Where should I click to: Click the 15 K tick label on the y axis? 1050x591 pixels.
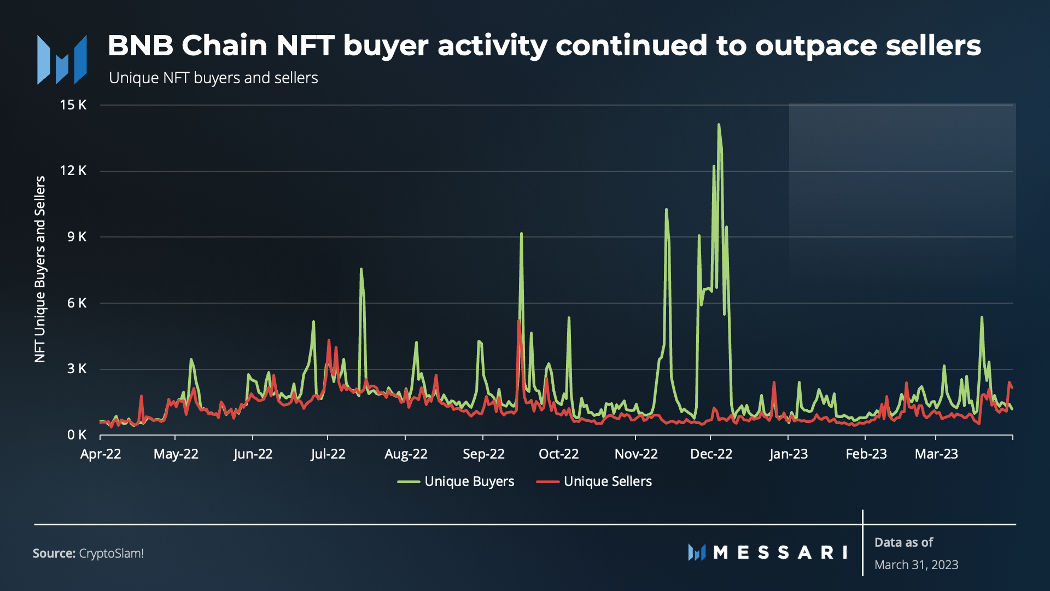click(73, 105)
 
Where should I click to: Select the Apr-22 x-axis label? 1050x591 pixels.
click(101, 454)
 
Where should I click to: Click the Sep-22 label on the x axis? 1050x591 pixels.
click(483, 454)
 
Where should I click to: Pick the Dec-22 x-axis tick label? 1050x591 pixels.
click(711, 454)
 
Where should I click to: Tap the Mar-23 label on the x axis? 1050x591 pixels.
click(936, 454)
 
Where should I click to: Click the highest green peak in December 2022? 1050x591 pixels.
click(719, 125)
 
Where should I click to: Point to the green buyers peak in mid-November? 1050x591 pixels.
click(666, 210)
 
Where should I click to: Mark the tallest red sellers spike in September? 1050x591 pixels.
click(518, 320)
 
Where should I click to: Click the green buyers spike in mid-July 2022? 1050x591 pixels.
click(361, 269)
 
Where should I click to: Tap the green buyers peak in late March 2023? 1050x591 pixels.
click(982, 317)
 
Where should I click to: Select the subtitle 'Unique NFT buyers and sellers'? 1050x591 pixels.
click(213, 78)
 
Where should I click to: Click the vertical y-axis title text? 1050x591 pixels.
click(40, 269)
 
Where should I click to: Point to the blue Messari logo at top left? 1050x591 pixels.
click(62, 60)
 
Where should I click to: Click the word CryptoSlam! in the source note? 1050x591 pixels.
click(111, 553)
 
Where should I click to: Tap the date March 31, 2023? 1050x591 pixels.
click(916, 565)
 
